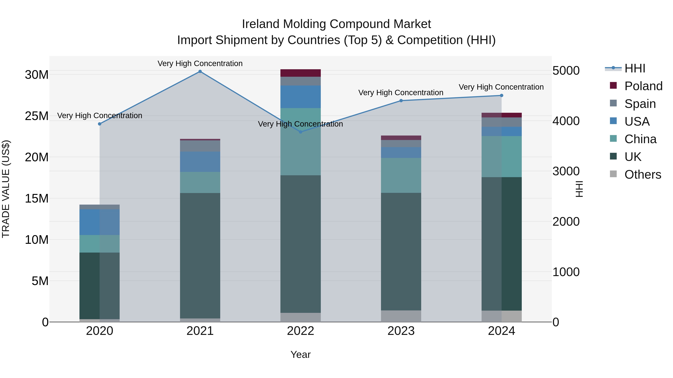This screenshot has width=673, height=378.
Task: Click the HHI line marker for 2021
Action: click(200, 71)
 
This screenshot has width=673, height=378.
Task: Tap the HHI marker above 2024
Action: click(501, 95)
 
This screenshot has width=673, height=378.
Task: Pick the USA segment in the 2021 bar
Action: click(200, 162)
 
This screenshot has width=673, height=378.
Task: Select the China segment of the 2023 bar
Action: click(401, 175)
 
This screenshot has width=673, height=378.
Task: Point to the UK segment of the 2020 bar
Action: click(99, 286)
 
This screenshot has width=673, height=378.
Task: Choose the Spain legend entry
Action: click(640, 104)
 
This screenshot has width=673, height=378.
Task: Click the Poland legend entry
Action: click(643, 86)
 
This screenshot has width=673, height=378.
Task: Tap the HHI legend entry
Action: click(635, 68)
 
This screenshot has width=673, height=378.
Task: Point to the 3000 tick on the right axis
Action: click(566, 171)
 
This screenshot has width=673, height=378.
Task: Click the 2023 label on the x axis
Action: click(401, 331)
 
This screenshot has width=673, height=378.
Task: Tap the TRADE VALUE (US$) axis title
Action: click(6, 189)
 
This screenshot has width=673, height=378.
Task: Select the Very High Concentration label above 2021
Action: click(200, 63)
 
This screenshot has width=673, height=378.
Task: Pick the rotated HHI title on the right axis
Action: click(579, 189)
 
